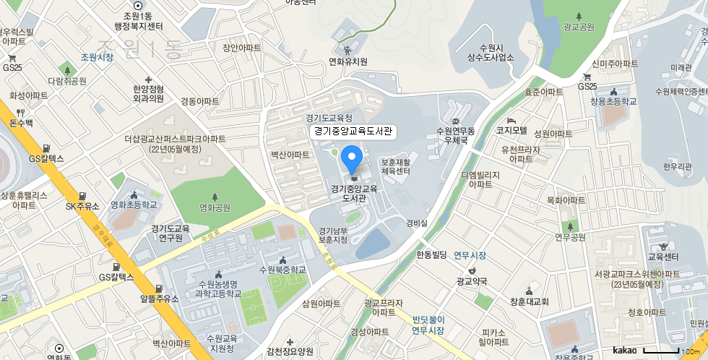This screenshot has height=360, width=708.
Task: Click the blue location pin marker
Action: (x=351, y=158)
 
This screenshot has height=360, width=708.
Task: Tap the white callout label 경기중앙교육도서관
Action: (x=352, y=132)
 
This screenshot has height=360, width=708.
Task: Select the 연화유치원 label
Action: (x=347, y=61)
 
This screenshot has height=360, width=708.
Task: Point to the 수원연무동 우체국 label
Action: (x=455, y=135)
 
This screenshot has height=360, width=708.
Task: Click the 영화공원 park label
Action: (x=215, y=207)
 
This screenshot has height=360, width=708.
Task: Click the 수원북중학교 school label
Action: (x=282, y=270)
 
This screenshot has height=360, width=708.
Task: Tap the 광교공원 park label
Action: (x=579, y=27)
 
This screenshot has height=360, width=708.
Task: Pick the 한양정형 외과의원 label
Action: (x=148, y=93)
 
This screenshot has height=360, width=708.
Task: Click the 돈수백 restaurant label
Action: (x=21, y=123)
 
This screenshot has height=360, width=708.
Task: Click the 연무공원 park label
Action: (x=570, y=236)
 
